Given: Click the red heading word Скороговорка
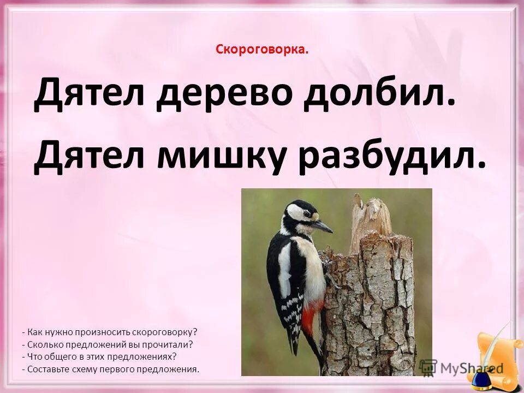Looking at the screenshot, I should point(261,50).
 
